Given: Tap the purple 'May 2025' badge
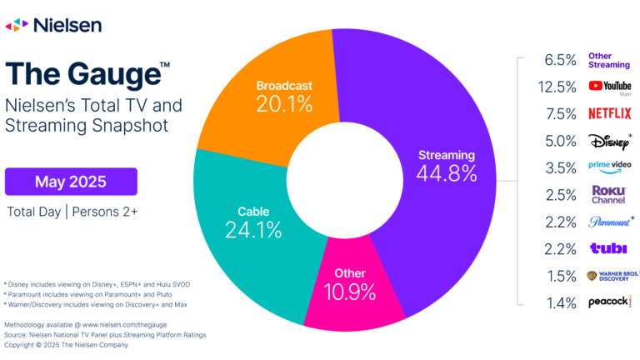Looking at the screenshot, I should click(x=71, y=181).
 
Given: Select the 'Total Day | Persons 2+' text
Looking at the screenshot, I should click(x=72, y=212).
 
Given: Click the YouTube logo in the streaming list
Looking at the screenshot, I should click(x=610, y=86).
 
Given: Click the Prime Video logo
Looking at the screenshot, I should click(x=610, y=167).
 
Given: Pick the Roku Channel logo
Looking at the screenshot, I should click(x=609, y=194).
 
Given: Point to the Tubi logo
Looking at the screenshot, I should click(x=607, y=247).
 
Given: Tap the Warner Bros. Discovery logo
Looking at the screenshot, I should click(x=610, y=275).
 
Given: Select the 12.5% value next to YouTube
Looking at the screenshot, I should click(x=559, y=86).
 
